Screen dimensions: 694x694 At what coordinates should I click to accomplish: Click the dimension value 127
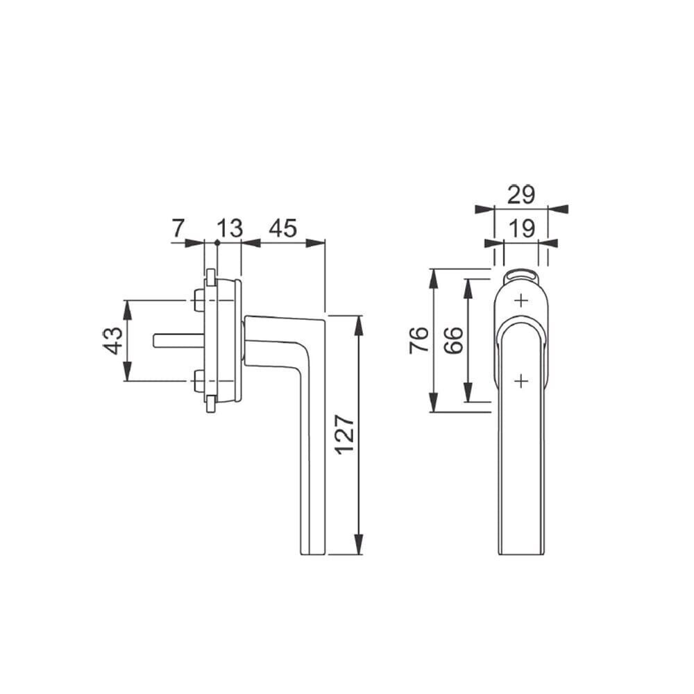pos(344,434)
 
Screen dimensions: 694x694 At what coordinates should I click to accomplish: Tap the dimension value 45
pos(283,228)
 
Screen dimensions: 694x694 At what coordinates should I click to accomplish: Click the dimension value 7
pos(177,228)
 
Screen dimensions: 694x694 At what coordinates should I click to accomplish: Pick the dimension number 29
pos(521,194)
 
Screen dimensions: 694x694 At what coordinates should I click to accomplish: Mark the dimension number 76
pos(419,339)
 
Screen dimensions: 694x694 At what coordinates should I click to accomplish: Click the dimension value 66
pos(454,339)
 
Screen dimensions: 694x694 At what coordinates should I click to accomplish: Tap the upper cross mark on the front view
pos(522,301)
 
